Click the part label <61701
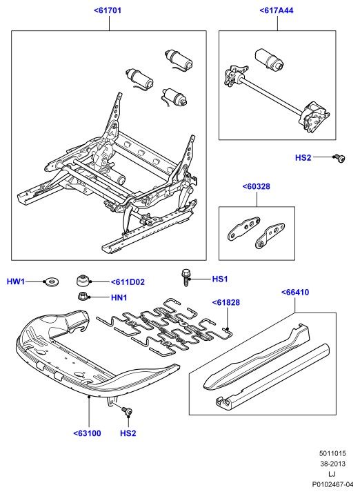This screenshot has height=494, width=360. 108,10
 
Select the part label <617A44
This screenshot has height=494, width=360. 277,10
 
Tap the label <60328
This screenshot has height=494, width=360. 257,186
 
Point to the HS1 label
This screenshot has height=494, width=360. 220,279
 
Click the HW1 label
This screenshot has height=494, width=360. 15,281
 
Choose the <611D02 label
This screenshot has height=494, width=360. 128,282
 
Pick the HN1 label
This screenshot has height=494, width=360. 119,297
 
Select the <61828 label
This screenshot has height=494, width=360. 226,302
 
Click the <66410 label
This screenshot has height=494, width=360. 295,293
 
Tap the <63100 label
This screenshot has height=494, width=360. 88,433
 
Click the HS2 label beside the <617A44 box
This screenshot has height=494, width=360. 303,157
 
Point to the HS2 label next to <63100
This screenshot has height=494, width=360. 128,433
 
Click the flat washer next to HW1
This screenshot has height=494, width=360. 52,281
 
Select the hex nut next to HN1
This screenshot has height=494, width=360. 83,296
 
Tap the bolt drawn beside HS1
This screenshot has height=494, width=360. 186,277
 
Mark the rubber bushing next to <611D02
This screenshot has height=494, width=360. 83,280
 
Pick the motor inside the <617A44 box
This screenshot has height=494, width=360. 268,59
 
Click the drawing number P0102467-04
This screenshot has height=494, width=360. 332,484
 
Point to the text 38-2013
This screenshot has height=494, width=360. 332,464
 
